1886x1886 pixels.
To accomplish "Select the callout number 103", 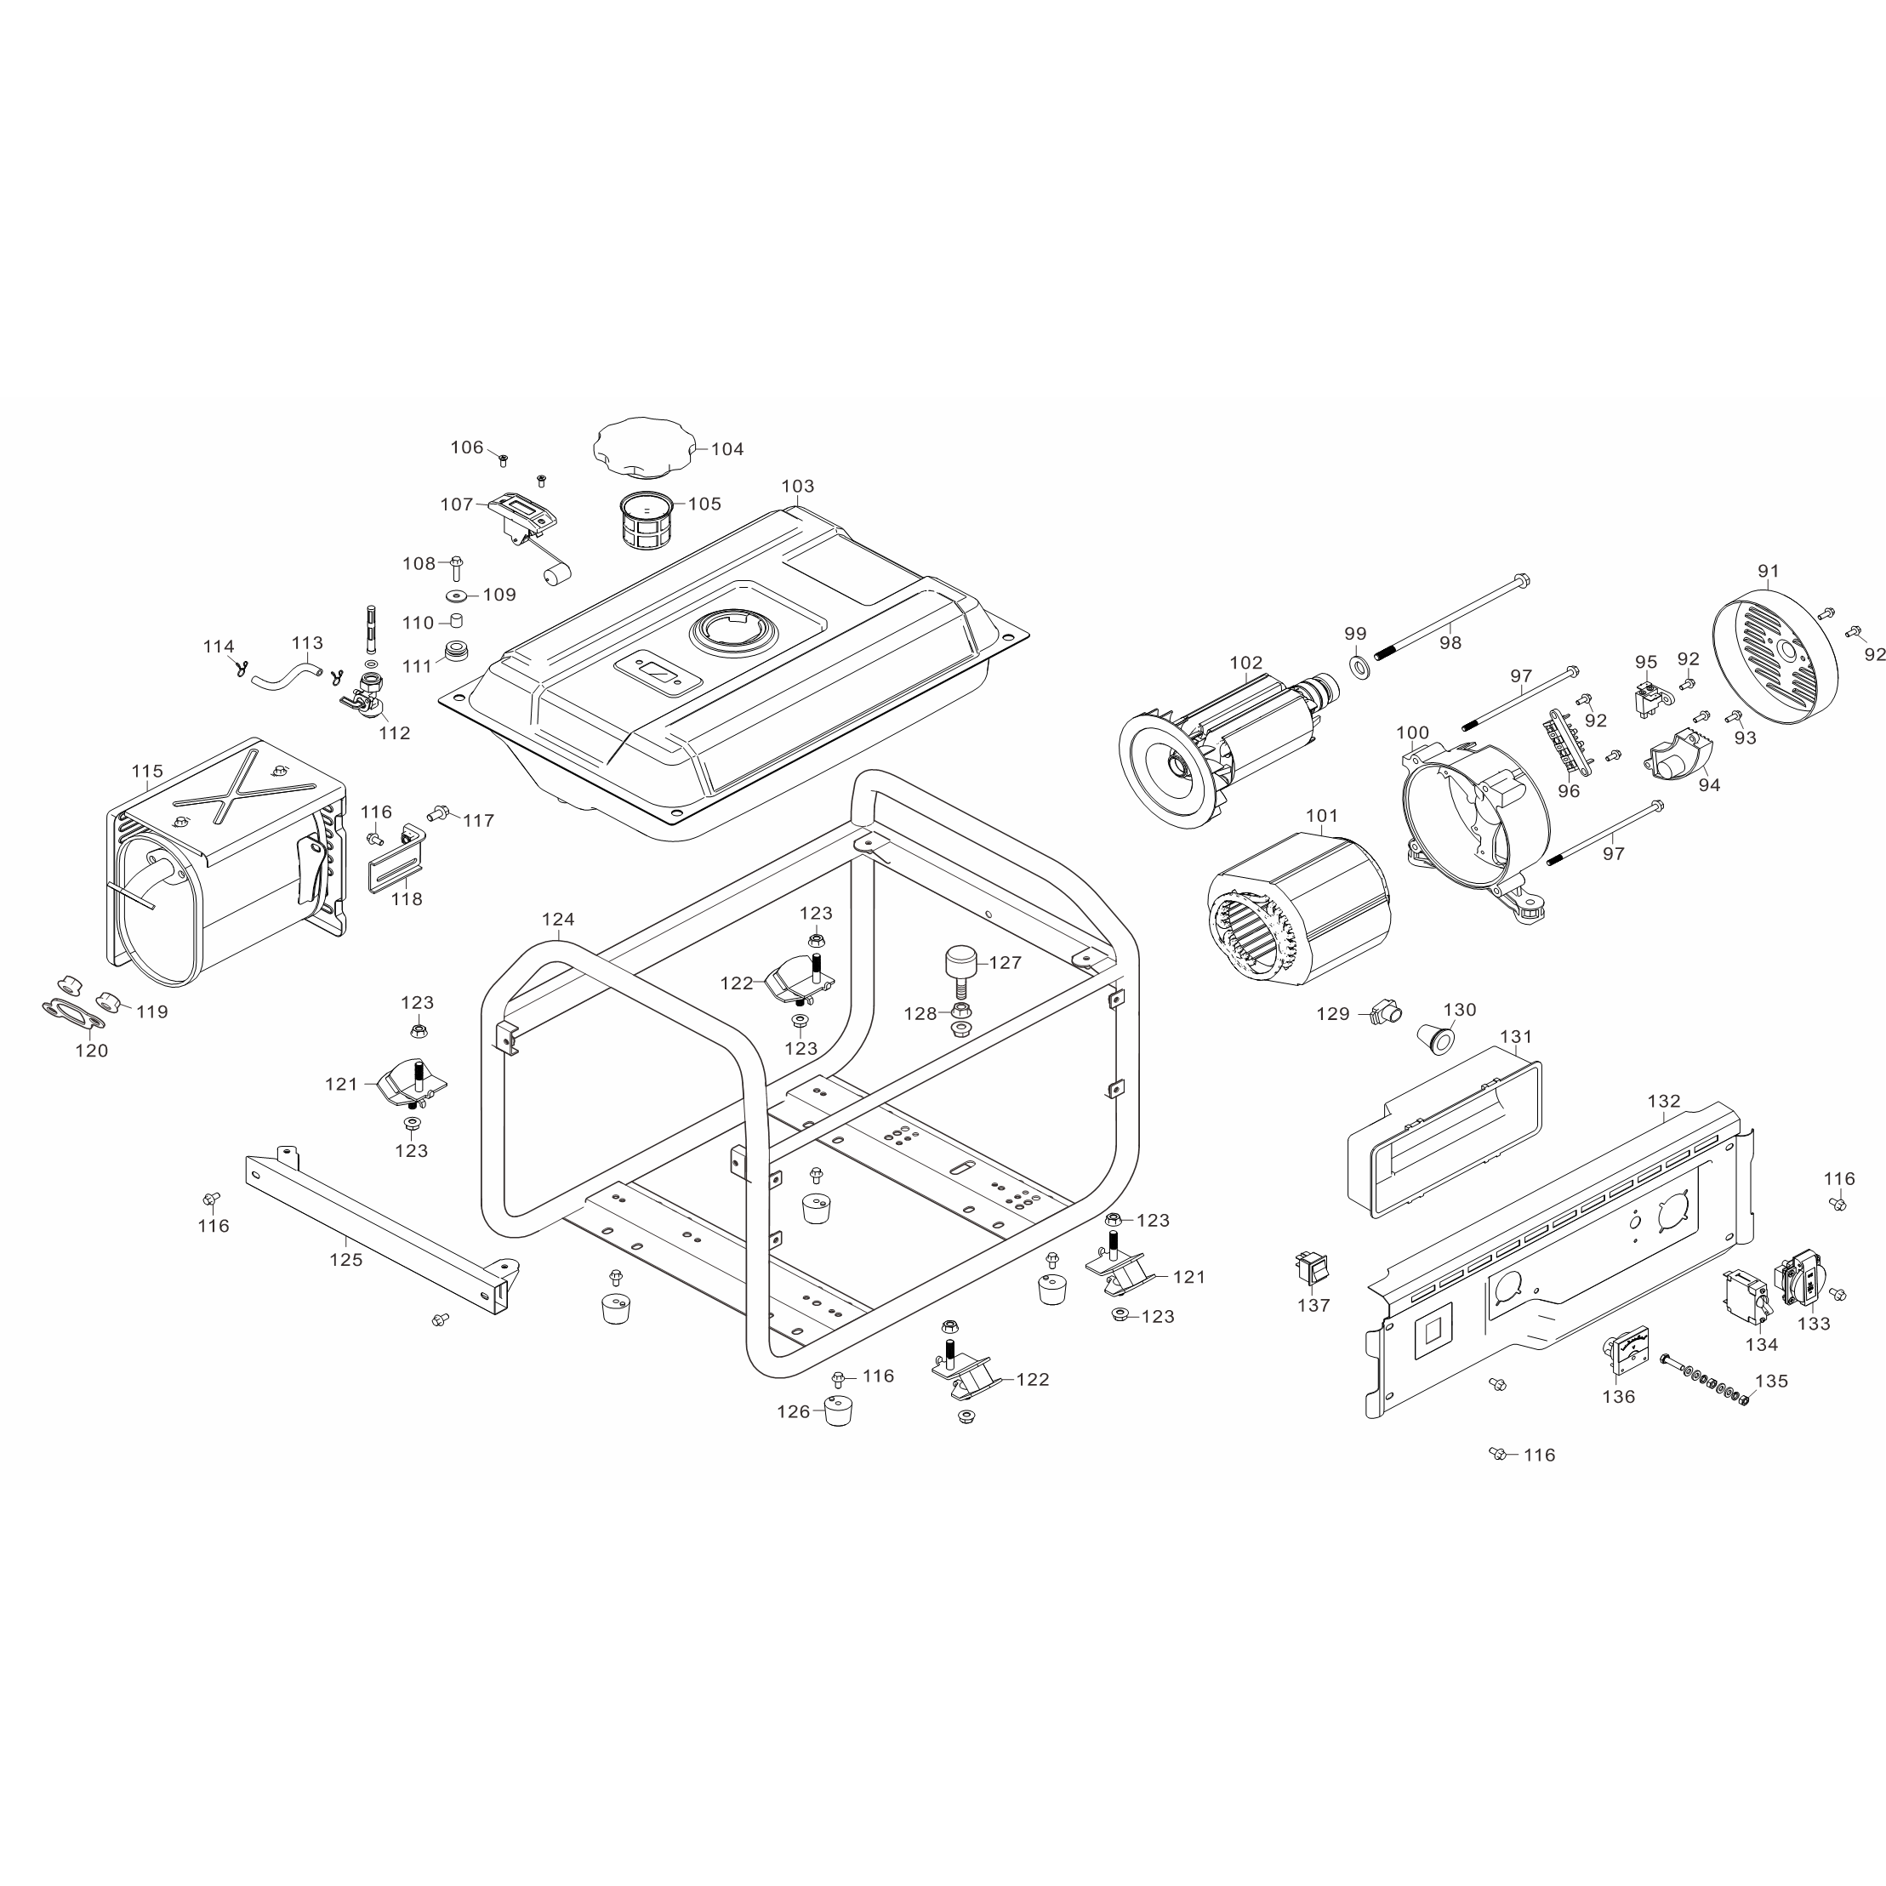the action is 798,486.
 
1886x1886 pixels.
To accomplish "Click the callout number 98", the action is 1450,642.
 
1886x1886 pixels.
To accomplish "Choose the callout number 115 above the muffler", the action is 147,772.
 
